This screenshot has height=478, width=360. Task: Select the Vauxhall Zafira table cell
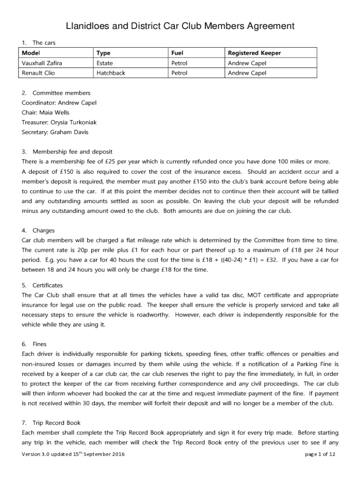coord(42,63)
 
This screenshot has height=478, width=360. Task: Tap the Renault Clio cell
coord(38,73)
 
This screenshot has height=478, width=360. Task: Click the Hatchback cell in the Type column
coord(111,73)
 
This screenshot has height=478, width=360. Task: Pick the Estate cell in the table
coord(105,63)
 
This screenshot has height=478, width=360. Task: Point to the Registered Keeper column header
coord(254,53)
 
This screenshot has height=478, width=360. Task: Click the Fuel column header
coord(177,53)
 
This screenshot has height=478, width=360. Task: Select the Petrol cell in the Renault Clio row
coord(180,73)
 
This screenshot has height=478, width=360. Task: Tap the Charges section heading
coord(43,231)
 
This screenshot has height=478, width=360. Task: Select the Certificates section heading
coord(48,285)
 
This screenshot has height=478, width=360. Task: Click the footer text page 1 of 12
coord(320,454)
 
